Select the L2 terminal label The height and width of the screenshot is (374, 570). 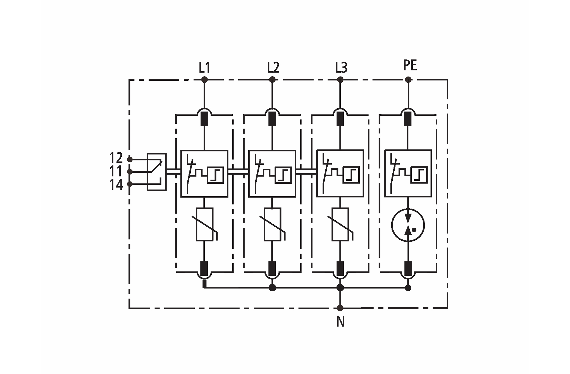click(x=273, y=68)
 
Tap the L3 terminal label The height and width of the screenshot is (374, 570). click(x=341, y=68)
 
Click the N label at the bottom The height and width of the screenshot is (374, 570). click(x=340, y=321)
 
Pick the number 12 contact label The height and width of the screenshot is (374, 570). click(x=116, y=158)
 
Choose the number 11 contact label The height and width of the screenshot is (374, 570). click(x=116, y=171)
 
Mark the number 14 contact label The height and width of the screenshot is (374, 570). click(x=116, y=185)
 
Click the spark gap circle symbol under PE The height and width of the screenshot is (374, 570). click(x=408, y=225)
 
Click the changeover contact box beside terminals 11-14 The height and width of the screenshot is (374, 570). click(x=157, y=172)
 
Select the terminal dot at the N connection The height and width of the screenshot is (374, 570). click(x=340, y=308)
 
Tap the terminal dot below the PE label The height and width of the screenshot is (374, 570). click(x=408, y=80)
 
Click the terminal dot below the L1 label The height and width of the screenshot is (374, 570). click(x=204, y=80)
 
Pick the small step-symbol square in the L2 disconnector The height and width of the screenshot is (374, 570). click(x=283, y=175)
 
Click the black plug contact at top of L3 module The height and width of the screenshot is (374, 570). click(x=340, y=119)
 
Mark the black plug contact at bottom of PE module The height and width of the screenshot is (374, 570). click(x=408, y=269)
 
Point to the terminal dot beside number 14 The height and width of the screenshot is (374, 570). click(x=130, y=184)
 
